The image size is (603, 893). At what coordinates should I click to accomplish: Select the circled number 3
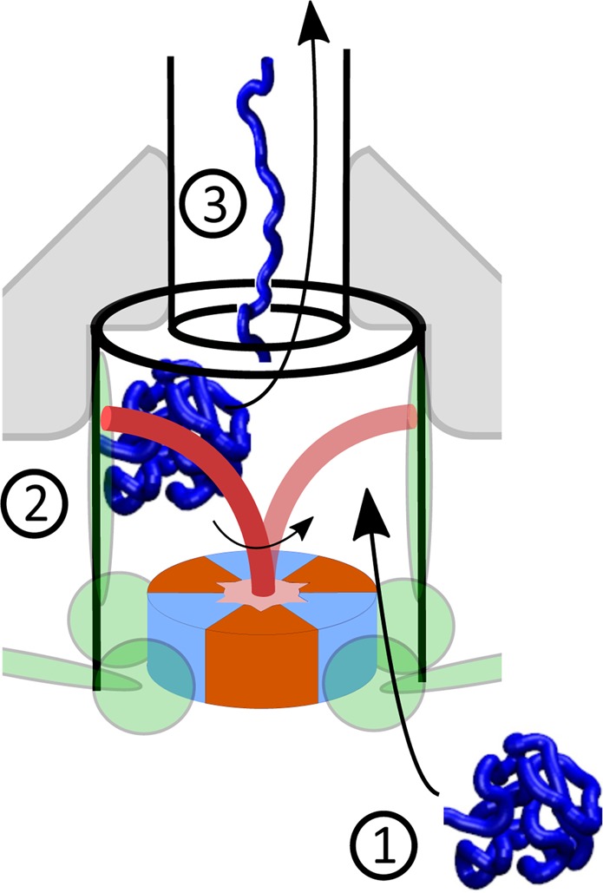pyautogui.click(x=213, y=205)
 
